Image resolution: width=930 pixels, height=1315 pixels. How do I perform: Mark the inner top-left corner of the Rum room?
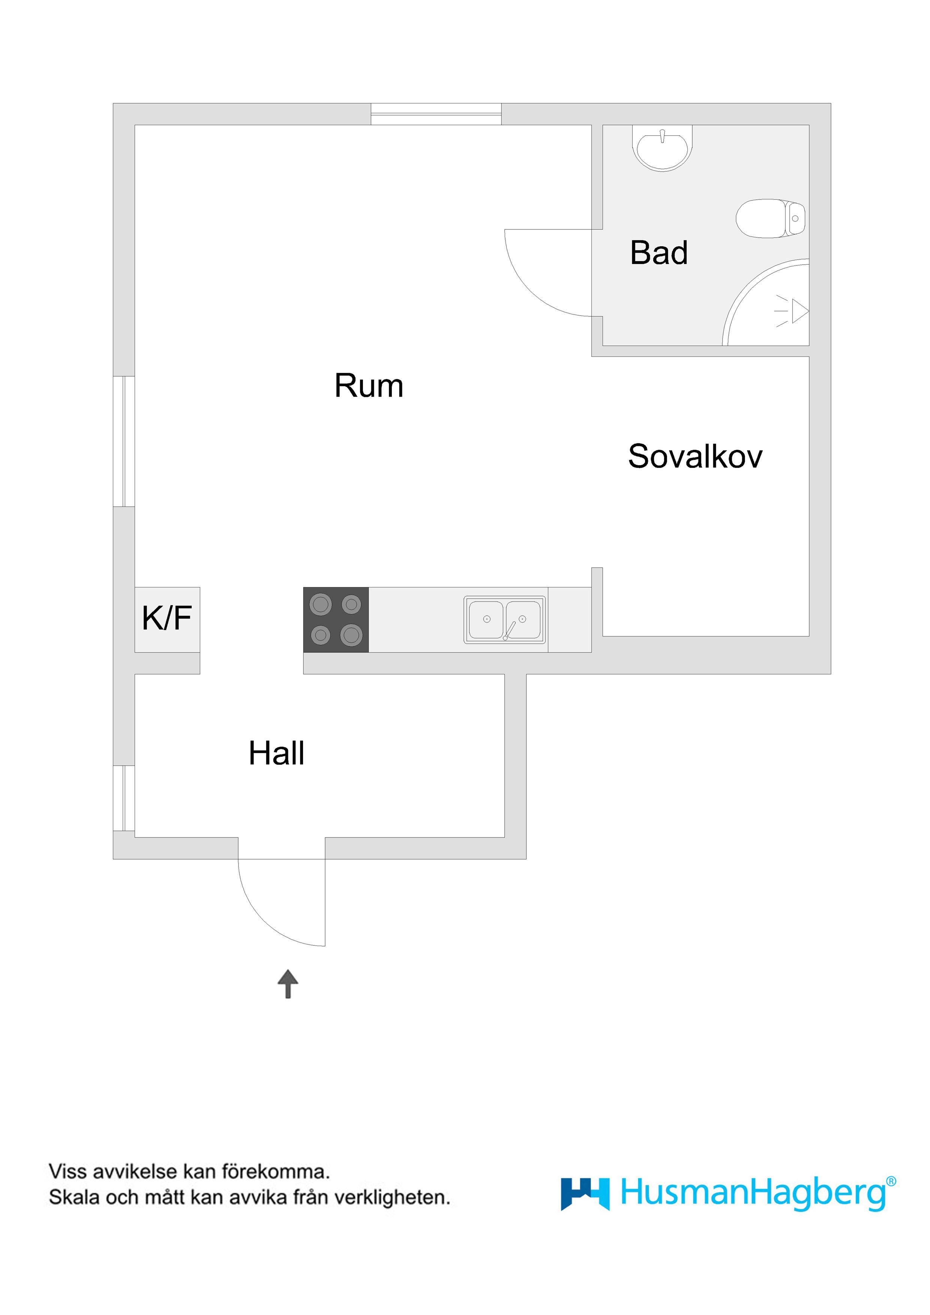[x=135, y=125]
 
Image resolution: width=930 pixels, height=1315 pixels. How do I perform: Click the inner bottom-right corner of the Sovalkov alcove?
[x=809, y=636]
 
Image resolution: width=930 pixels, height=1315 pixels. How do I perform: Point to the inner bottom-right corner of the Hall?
[x=504, y=837]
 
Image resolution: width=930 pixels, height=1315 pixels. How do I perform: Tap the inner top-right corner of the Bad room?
[x=809, y=125]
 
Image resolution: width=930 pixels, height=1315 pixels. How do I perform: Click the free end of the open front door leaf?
[x=325, y=946]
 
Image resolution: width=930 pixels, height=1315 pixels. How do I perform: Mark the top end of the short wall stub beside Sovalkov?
[x=597, y=568]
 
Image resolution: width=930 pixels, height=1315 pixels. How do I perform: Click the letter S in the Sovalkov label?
[x=638, y=457]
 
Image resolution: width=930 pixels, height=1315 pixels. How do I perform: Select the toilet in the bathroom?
[x=771, y=218]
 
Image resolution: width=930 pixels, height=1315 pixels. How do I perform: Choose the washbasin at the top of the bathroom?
[x=662, y=148]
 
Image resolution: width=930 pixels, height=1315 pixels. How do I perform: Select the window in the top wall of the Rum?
[x=436, y=114]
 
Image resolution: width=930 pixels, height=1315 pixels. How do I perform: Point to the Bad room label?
[x=659, y=253]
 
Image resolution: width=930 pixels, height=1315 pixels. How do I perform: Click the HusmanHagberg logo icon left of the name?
[x=585, y=1194]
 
